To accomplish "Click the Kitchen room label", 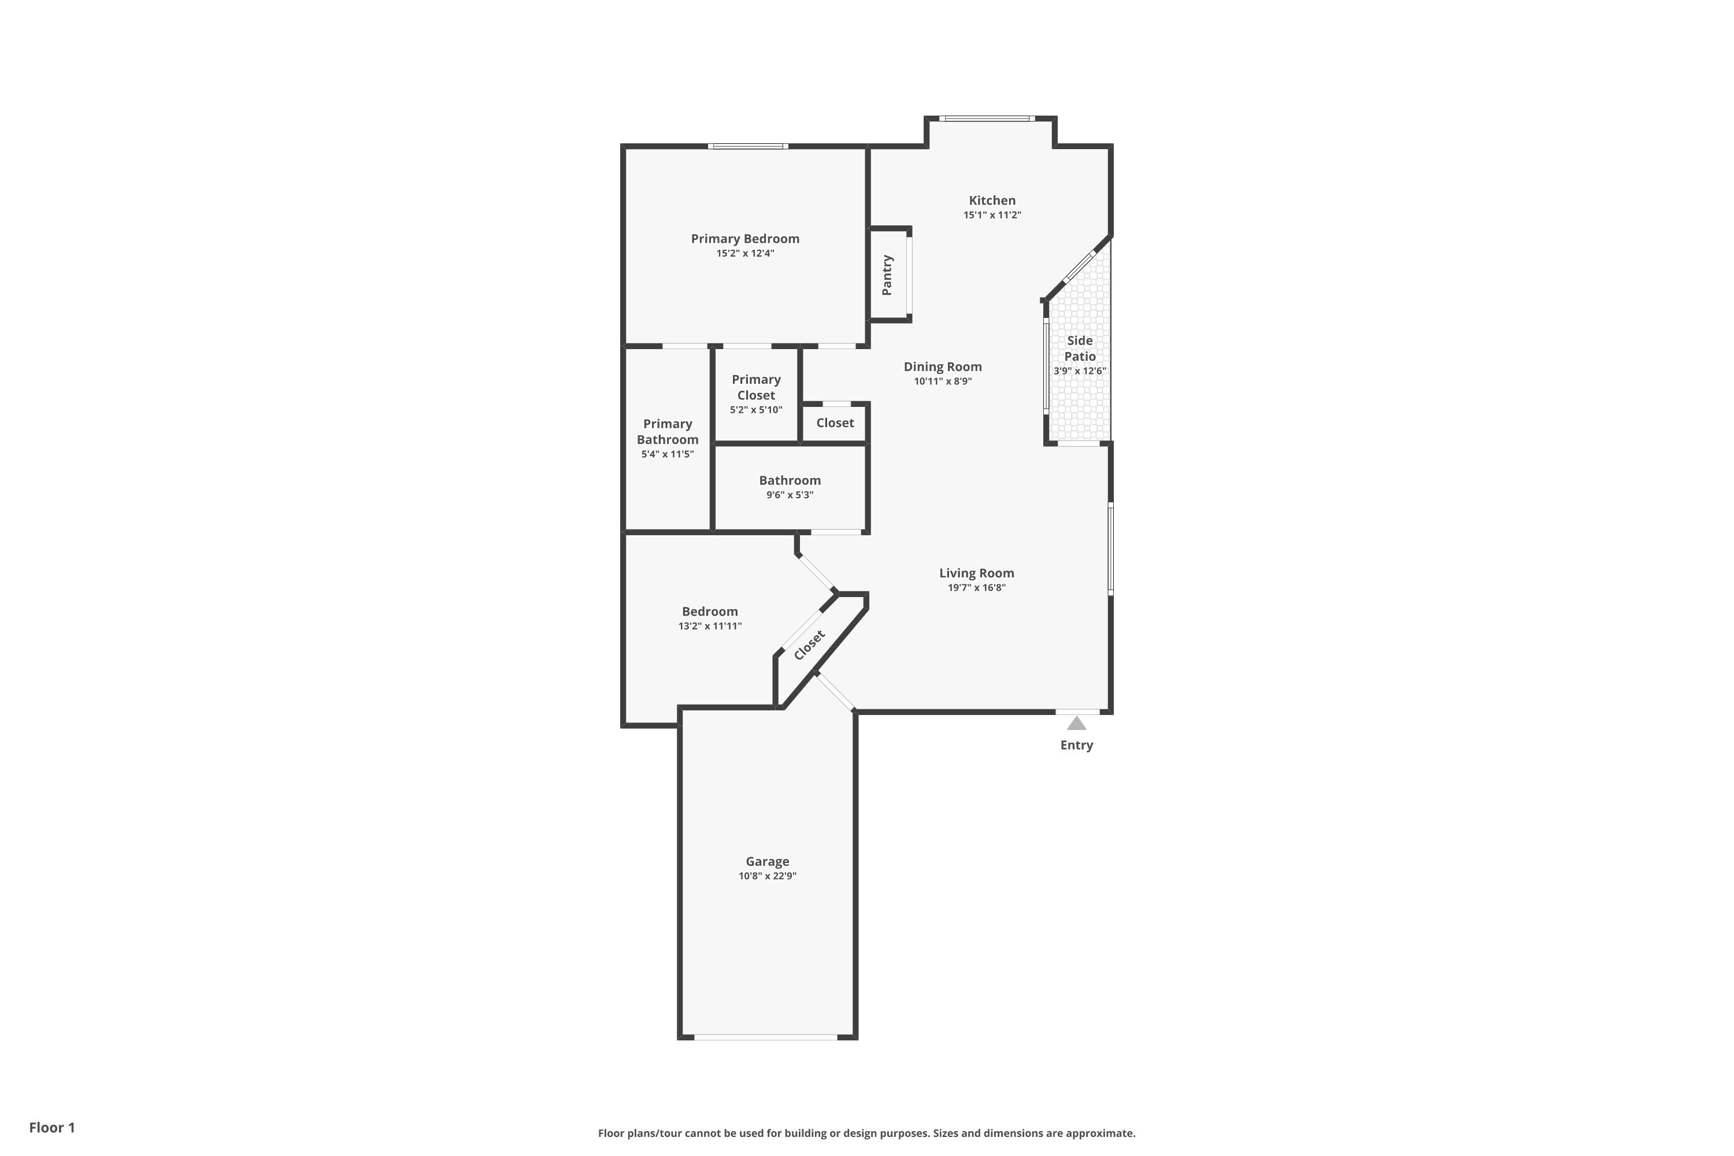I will pyautogui.click(x=992, y=201).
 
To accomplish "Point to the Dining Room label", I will pyautogui.click(x=942, y=367).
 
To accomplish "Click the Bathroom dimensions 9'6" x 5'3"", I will pyautogui.click(x=790, y=495).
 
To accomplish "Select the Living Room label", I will pyautogui.click(x=976, y=573).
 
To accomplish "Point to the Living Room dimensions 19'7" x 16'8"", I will pyautogui.click(x=976, y=588).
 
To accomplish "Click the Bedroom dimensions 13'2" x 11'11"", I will pyautogui.click(x=709, y=626).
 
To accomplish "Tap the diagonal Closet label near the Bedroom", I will pyautogui.click(x=810, y=645).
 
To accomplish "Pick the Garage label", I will pyautogui.click(x=767, y=861).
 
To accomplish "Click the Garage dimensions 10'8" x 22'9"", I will pyautogui.click(x=767, y=876).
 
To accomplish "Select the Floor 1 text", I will pyautogui.click(x=51, y=1127).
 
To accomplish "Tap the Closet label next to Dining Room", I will pyautogui.click(x=835, y=423).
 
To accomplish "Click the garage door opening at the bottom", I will pyautogui.click(x=765, y=1038).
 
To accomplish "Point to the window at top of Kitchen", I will pyautogui.click(x=987, y=118).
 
